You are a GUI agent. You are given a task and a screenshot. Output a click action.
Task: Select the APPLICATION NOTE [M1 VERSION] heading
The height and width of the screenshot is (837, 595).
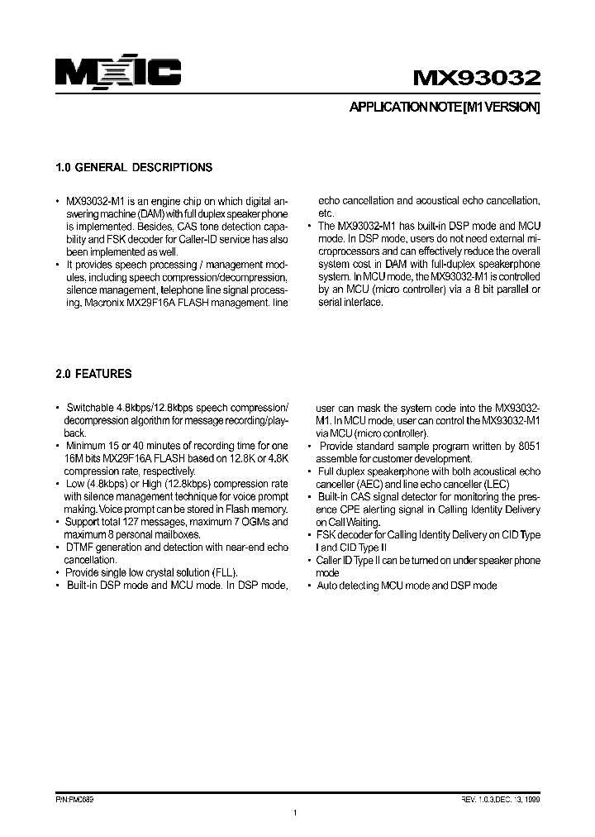pyautogui.click(x=445, y=108)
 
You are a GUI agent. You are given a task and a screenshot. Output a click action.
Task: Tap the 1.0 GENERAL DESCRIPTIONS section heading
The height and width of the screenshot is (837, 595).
pyautogui.click(x=133, y=168)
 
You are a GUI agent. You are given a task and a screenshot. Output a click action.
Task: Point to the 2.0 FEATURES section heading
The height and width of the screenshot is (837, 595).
pyautogui.click(x=93, y=374)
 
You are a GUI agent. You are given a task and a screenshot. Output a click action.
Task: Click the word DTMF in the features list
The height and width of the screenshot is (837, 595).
pyautogui.click(x=79, y=548)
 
